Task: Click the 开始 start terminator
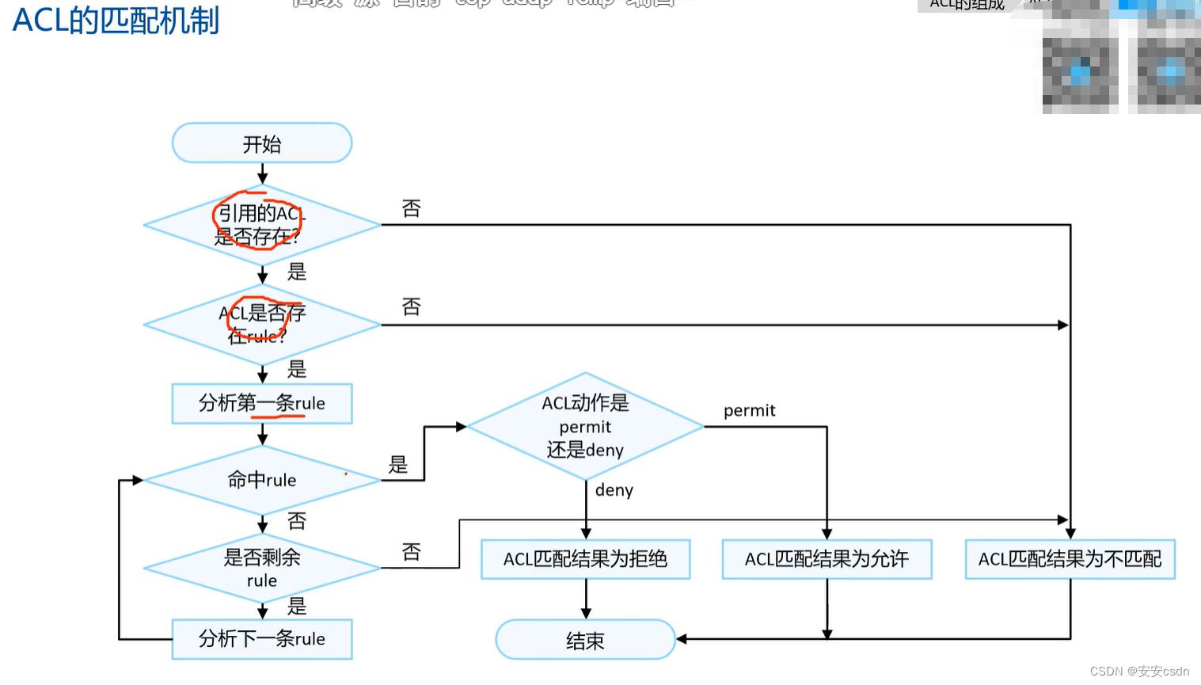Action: click(262, 143)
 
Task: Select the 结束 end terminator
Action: click(585, 640)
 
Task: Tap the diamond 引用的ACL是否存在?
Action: click(262, 225)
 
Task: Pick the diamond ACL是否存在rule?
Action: click(262, 325)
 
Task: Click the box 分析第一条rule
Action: click(262, 403)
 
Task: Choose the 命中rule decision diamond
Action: click(262, 480)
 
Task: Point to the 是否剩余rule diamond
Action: click(262, 568)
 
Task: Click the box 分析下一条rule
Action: click(262, 639)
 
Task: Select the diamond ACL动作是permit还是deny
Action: click(585, 426)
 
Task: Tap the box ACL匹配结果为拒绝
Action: click(585, 559)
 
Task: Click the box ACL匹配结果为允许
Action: click(827, 559)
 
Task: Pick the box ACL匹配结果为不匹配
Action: click(1070, 559)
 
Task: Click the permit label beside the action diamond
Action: click(749, 410)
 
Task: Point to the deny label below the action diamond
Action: click(614, 490)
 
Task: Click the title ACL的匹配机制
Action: click(116, 21)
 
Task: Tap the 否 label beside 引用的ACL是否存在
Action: click(411, 208)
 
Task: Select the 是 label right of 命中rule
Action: click(398, 465)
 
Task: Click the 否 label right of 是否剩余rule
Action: click(411, 552)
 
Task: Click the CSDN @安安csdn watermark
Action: click(1139, 671)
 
